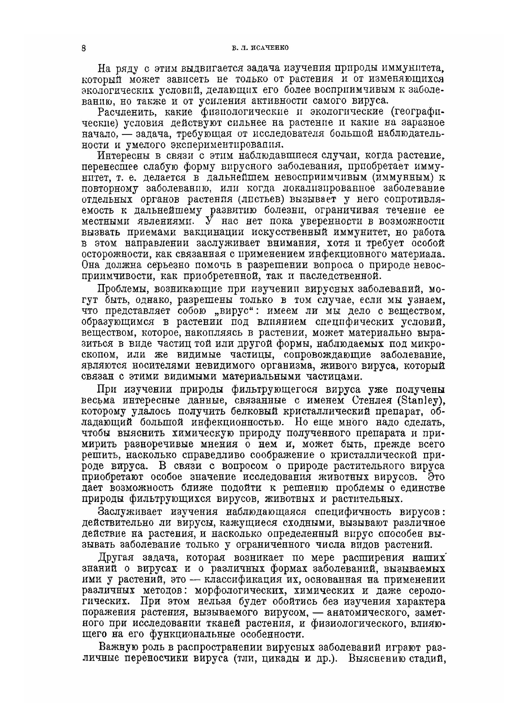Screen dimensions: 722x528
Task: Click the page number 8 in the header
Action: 84,48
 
